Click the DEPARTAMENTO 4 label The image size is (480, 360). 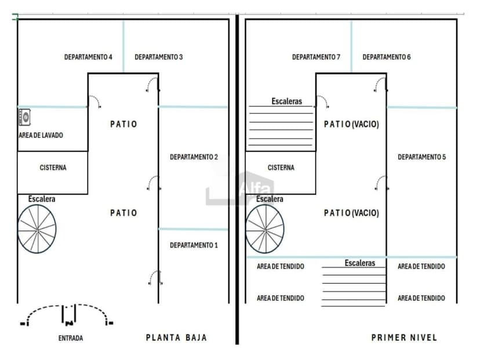click(88, 57)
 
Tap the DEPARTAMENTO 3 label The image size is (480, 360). click(159, 57)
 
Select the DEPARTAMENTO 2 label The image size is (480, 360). click(194, 157)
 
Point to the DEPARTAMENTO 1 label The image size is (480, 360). click(194, 245)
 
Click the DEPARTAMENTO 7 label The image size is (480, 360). click(316, 57)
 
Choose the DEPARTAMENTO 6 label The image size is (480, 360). click(386, 57)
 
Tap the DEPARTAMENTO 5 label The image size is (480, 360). click(421, 157)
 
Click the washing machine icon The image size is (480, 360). click(24, 117)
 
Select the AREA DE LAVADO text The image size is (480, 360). click(41, 135)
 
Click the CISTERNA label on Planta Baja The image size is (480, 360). click(53, 168)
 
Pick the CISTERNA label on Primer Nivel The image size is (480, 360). click(281, 168)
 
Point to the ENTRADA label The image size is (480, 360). click(71, 339)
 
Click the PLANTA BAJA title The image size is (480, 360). click(176, 337)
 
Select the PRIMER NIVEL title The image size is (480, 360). click(404, 337)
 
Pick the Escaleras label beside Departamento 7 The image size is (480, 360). click(286, 101)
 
